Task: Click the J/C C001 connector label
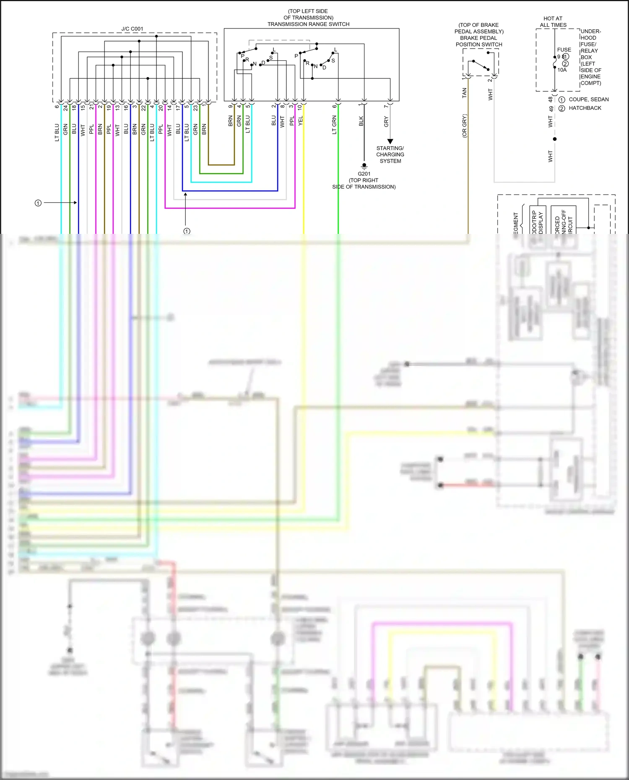point(132,29)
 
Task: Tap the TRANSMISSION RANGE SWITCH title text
point(308,24)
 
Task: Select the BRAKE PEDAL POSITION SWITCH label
point(478,41)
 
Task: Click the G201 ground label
point(364,174)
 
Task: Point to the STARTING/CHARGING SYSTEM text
point(390,155)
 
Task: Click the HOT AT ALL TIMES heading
point(553,22)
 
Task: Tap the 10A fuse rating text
point(562,70)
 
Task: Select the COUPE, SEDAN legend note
point(588,99)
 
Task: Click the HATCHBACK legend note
point(585,108)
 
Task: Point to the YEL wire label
point(300,121)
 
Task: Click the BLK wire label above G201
point(361,122)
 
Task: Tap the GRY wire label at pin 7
point(386,122)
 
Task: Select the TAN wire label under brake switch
point(464,93)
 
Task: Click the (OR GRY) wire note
point(464,126)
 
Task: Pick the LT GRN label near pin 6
point(334,125)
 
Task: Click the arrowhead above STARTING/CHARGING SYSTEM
point(390,141)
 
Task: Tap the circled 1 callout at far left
point(38,203)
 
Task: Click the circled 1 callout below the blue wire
point(187,231)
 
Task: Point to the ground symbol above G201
point(364,166)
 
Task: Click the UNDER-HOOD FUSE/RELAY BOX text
point(590,57)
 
